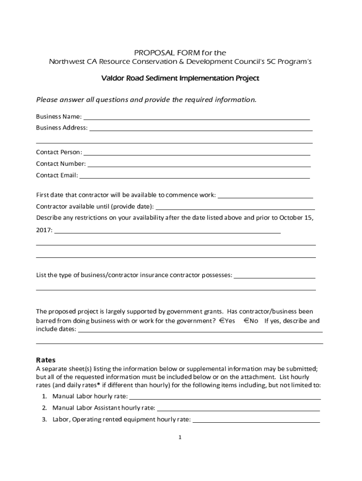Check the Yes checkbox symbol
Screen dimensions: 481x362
click(x=221, y=321)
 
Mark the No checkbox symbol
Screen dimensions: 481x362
click(x=246, y=321)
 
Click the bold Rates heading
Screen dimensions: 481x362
click(x=46, y=360)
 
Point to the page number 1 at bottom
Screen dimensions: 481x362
click(x=180, y=438)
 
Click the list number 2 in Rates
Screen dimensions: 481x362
click(x=44, y=408)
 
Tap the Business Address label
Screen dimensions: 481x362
click(x=62, y=128)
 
